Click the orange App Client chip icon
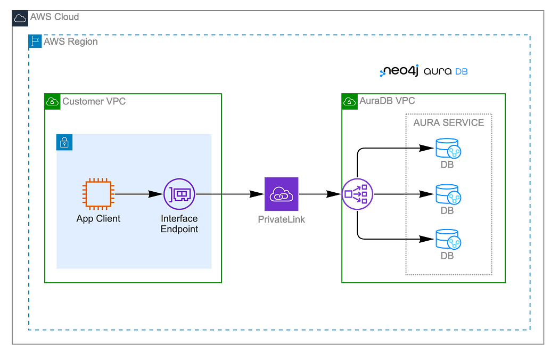tap(98, 195)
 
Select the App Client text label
tap(98, 218)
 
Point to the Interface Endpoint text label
tap(179, 224)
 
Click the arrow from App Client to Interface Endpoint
tap(138, 195)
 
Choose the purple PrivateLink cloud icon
tap(281, 195)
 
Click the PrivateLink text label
tap(282, 219)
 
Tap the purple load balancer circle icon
tap(358, 194)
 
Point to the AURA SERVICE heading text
tap(448, 122)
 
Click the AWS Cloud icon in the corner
tap(20, 18)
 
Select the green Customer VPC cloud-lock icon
tap(52, 101)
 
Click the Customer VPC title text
tap(94, 101)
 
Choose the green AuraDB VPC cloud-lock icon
tap(350, 101)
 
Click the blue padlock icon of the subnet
tap(64, 142)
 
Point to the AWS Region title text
tap(71, 42)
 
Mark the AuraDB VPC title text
tap(388, 101)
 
